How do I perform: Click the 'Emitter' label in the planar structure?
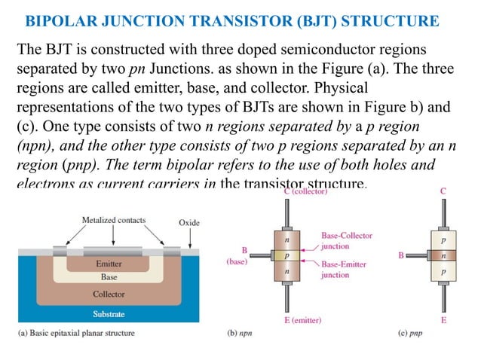[109, 264]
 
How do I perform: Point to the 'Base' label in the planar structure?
[109, 277]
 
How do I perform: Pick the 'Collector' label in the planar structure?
[109, 294]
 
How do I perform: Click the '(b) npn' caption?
[242, 331]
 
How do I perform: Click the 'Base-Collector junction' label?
[346, 240]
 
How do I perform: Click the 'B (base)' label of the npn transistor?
[237, 256]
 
